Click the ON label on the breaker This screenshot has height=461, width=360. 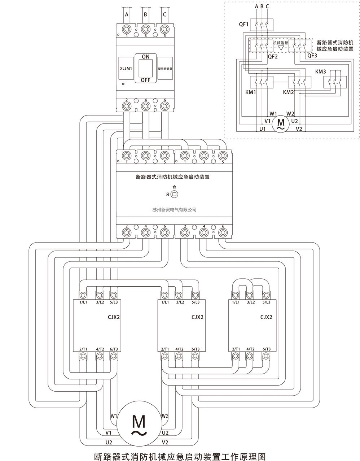(145, 57)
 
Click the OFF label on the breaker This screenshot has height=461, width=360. (145, 80)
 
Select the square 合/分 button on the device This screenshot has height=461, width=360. (175, 194)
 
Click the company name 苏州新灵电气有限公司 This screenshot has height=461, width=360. (174, 210)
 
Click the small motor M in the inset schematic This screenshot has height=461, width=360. (280, 123)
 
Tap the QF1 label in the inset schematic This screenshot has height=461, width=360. (244, 25)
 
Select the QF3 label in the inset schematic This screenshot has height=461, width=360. (312, 56)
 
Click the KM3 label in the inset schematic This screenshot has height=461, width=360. (320, 72)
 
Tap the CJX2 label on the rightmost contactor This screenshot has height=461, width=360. (266, 317)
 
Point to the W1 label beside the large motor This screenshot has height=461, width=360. (114, 416)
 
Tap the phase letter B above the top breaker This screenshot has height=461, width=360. (145, 15)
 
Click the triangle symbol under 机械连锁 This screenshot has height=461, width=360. (281, 48)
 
